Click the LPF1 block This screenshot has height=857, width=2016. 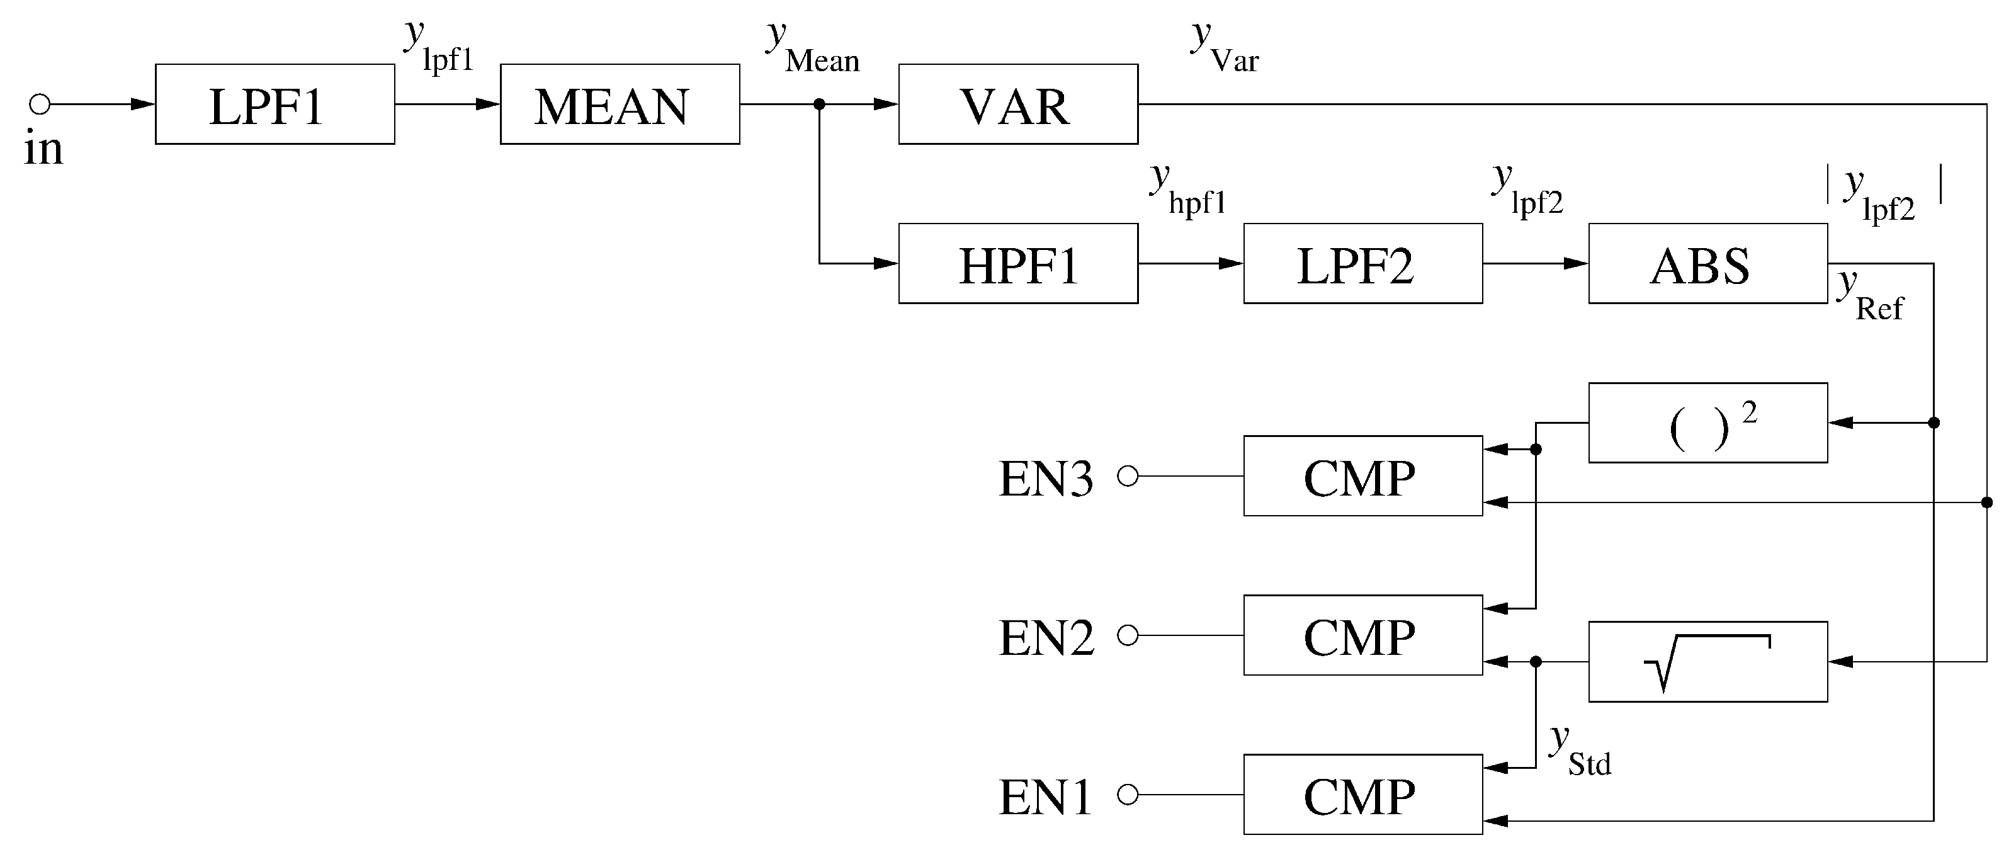coord(275,104)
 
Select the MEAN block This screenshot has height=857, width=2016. coord(620,104)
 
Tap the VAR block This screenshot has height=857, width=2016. coord(1017,104)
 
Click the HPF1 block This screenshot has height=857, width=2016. coord(1017,264)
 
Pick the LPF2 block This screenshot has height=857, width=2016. coord(1362,264)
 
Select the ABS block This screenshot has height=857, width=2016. coord(1707,264)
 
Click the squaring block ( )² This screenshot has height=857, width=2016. coord(1707,423)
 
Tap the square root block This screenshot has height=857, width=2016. coord(1707,661)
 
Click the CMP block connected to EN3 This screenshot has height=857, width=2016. coord(1362,476)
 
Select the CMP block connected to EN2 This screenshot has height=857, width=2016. coord(1362,635)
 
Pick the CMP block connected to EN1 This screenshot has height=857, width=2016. coord(1362,795)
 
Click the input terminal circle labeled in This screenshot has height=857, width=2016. coord(40,104)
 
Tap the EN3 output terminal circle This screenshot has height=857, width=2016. coord(1128,476)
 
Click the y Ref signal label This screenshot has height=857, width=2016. coord(1871,296)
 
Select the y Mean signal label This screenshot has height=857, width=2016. coord(812,48)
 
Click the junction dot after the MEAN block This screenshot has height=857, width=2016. coord(819,104)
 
